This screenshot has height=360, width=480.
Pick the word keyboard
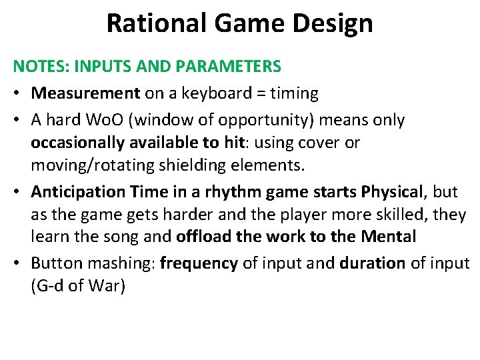pyautogui.click(x=204, y=93)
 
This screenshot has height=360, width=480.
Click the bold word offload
pyautogui.click(x=201, y=236)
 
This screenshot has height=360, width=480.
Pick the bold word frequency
pyautogui.click(x=199, y=263)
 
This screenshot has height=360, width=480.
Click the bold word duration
pyautogui.click(x=372, y=263)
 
